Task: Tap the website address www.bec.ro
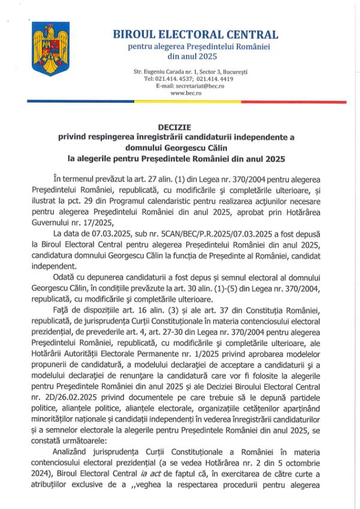tap(186, 93)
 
